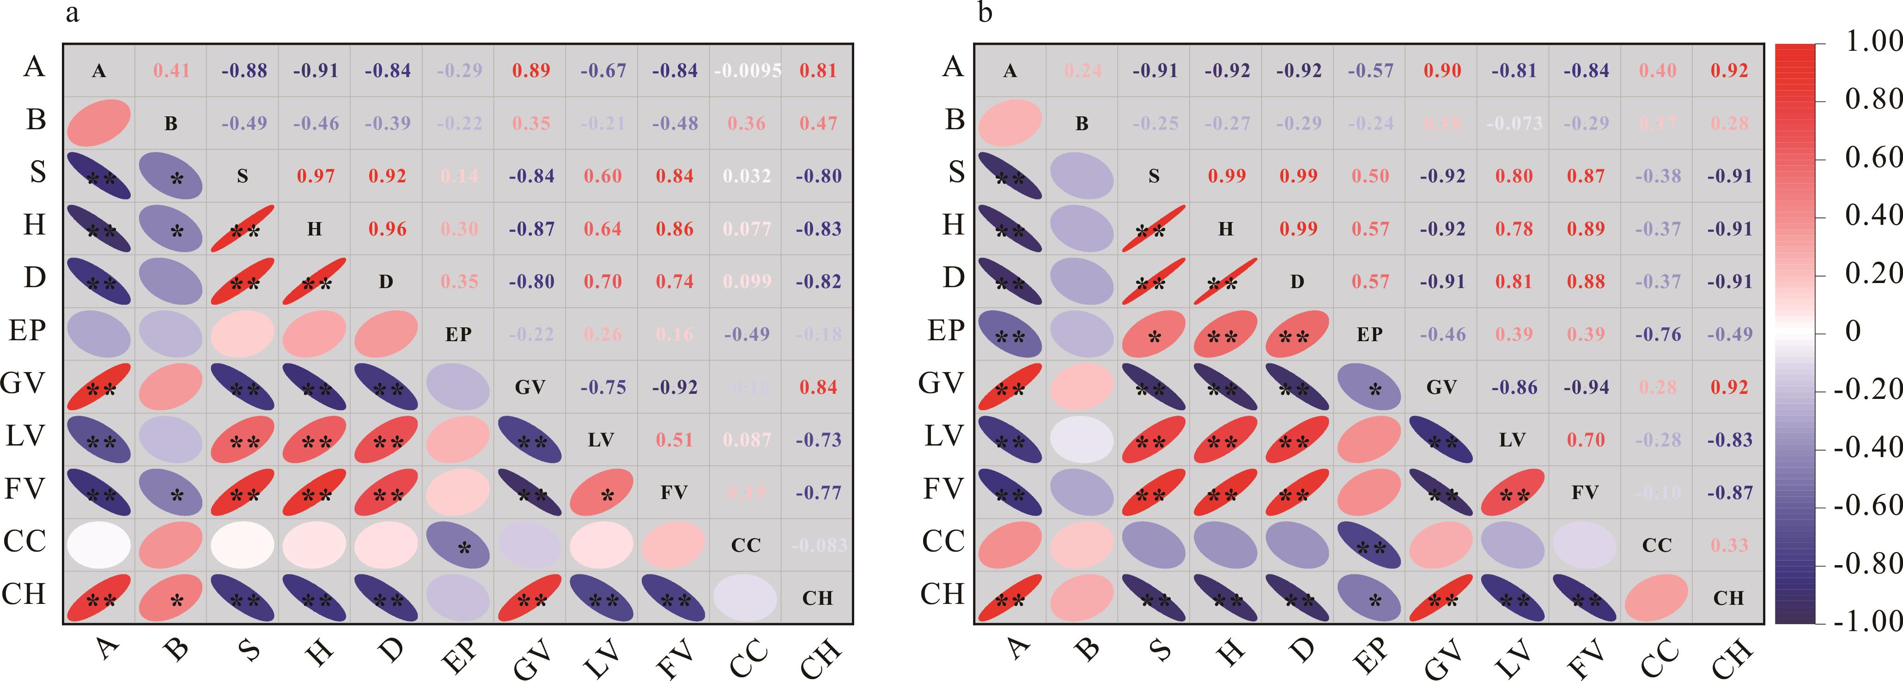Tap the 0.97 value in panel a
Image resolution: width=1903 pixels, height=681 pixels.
pyautogui.click(x=316, y=176)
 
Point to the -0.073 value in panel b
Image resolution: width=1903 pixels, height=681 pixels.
pyautogui.click(x=1514, y=123)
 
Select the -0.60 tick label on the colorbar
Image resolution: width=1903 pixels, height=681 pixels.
pyautogui.click(x=1867, y=506)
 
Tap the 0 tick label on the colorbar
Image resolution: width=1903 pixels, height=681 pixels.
pyautogui.click(x=1853, y=331)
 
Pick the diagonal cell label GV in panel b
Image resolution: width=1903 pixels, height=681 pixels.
pyautogui.click(x=1441, y=387)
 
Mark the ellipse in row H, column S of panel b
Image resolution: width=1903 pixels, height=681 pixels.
pyautogui.click(x=1154, y=228)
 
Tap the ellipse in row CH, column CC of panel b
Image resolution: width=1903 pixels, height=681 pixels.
pyautogui.click(x=1657, y=597)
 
